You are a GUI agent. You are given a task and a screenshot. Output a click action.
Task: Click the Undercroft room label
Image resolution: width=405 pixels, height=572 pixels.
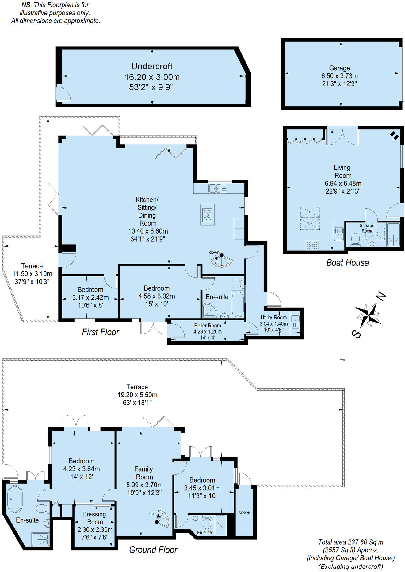tap(152, 66)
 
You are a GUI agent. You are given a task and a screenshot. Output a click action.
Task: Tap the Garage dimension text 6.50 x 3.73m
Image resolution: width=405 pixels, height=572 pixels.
tap(339, 76)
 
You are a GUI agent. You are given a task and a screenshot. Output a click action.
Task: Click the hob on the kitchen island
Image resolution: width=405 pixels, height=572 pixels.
tap(208, 214)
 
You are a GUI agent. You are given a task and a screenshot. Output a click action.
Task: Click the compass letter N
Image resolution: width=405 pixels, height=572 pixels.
tap(381, 296)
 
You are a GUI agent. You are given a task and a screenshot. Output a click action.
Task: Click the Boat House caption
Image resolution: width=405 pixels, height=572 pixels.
tap(347, 263)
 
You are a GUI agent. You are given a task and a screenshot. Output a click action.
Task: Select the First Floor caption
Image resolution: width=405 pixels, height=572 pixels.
tap(101, 332)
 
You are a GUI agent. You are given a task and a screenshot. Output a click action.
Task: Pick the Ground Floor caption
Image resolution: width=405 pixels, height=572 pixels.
tap(153, 550)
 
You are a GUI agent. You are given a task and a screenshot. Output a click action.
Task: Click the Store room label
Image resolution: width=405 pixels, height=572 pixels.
tap(244, 512)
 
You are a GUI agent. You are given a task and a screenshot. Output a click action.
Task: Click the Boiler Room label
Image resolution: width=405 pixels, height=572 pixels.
tap(208, 326)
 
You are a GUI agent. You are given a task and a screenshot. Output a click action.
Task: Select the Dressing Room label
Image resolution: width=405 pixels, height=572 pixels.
tap(94, 518)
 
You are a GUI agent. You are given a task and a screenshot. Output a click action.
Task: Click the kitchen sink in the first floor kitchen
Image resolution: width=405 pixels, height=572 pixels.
tap(218, 188)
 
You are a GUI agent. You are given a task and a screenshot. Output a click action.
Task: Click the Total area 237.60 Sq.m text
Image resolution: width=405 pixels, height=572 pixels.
tap(351, 542)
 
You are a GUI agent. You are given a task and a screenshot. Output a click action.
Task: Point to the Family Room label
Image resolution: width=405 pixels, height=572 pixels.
tap(144, 473)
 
